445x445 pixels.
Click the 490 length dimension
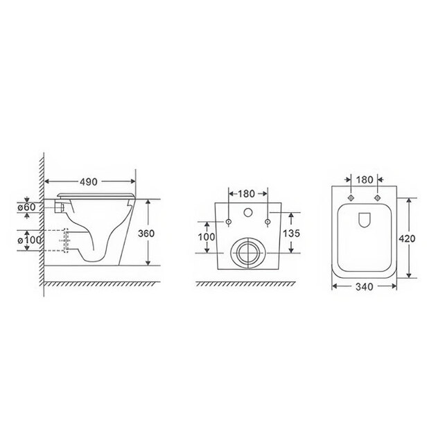[x=88, y=182]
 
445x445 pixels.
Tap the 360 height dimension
[x=146, y=234]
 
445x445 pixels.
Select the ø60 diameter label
[x=26, y=207]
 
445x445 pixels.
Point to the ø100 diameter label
[x=29, y=241]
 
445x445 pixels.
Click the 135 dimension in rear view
[x=291, y=233]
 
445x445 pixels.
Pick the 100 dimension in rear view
[x=207, y=236]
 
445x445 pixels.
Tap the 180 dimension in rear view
[x=246, y=194]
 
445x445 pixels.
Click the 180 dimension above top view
[x=365, y=180]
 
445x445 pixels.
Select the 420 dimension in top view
[x=407, y=238]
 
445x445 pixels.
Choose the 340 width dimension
[x=365, y=287]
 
